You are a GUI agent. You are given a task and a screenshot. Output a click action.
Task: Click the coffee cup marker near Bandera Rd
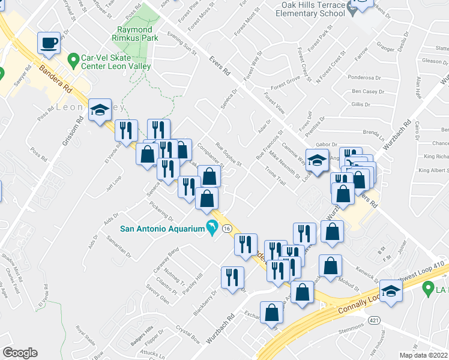coord(49,43)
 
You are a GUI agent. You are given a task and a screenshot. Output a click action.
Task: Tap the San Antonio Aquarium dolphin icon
coord(211,228)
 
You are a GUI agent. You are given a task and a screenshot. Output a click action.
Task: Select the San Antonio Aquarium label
coord(162,228)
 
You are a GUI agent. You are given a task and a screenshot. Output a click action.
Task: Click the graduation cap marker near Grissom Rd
coord(100,110)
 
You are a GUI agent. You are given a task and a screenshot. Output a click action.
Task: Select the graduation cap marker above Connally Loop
coord(391,292)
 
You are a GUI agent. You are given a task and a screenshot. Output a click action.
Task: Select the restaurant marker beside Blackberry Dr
coord(232,278)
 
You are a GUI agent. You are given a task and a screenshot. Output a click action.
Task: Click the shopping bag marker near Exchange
coord(272,313)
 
